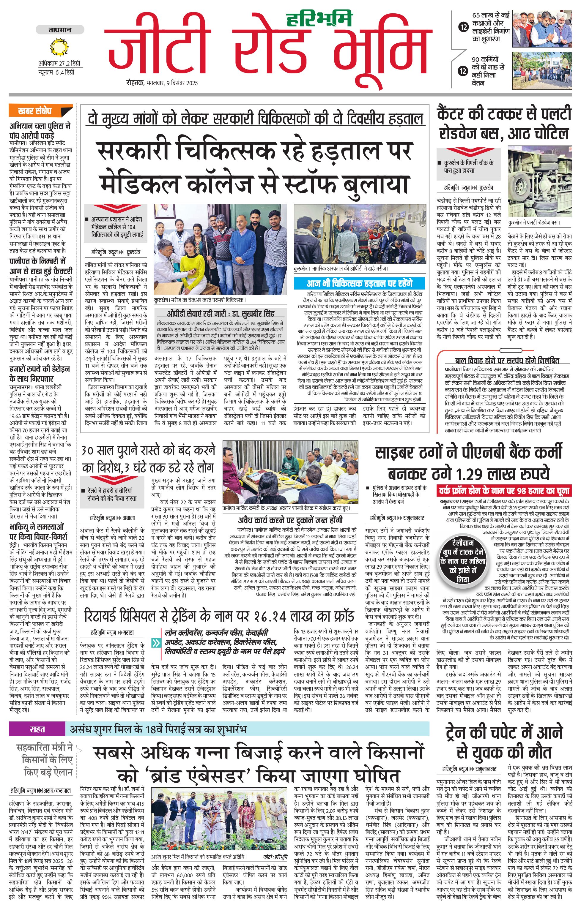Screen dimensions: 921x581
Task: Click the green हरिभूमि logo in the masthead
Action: (319, 18)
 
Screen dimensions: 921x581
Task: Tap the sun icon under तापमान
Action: (59, 47)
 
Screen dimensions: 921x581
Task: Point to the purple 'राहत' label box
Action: (37, 729)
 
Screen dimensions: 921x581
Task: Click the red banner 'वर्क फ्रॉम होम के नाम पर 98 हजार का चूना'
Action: (504, 490)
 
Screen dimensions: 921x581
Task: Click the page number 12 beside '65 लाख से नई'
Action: (464, 27)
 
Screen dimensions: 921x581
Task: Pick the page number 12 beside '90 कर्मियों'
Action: (464, 71)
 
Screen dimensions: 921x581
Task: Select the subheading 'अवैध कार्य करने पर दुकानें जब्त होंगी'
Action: (290, 520)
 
